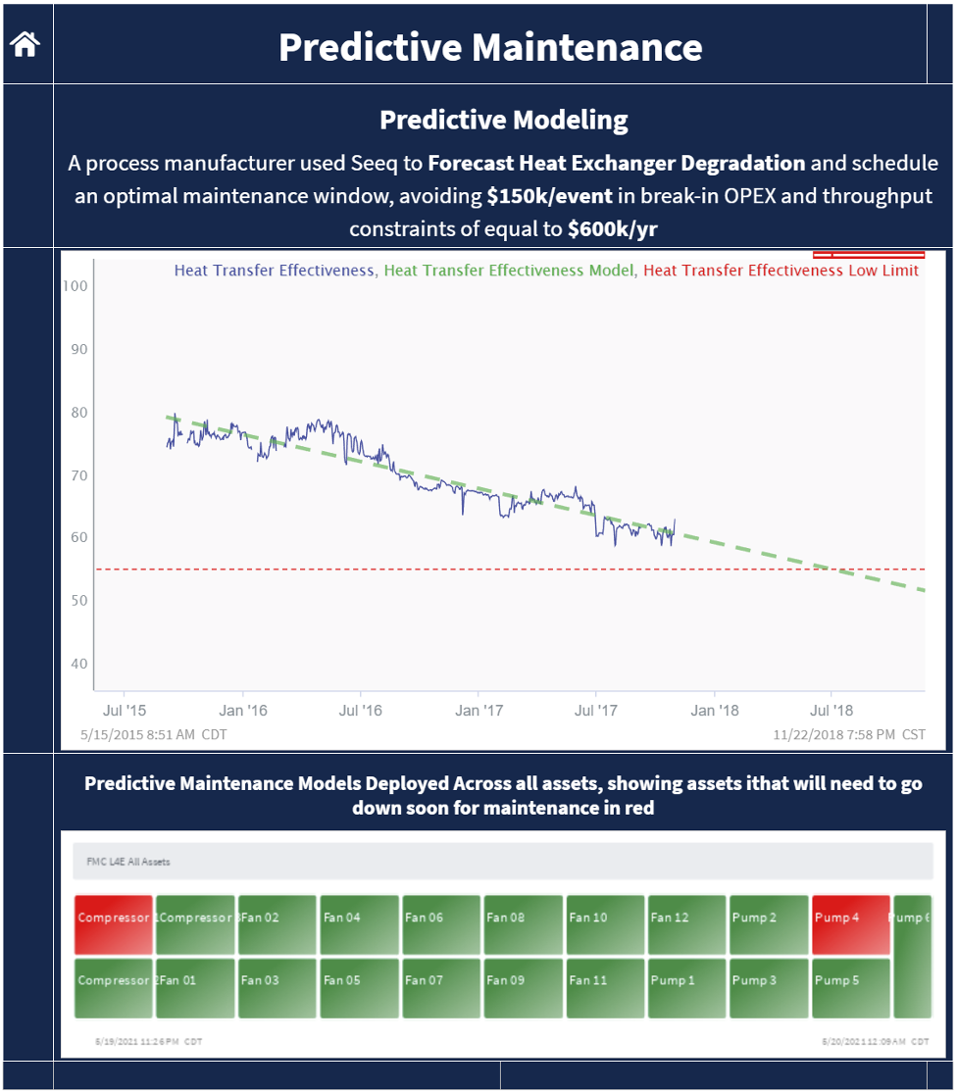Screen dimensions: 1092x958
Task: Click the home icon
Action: [25, 44]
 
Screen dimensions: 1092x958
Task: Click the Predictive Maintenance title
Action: [490, 47]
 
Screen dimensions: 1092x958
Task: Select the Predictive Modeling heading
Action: [503, 121]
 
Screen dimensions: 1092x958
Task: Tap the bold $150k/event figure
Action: [549, 196]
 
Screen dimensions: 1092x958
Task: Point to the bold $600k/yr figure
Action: [612, 229]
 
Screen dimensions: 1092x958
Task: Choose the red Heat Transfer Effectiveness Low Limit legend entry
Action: [781, 271]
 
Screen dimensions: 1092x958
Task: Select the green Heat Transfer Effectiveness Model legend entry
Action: [508, 271]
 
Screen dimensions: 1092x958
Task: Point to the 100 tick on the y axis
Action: [77, 286]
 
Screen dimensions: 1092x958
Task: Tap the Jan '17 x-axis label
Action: [479, 711]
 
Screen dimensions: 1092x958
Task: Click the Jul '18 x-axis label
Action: [831, 711]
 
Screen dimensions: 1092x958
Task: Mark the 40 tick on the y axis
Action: [77, 663]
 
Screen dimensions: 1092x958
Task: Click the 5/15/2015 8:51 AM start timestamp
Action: [157, 734]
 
